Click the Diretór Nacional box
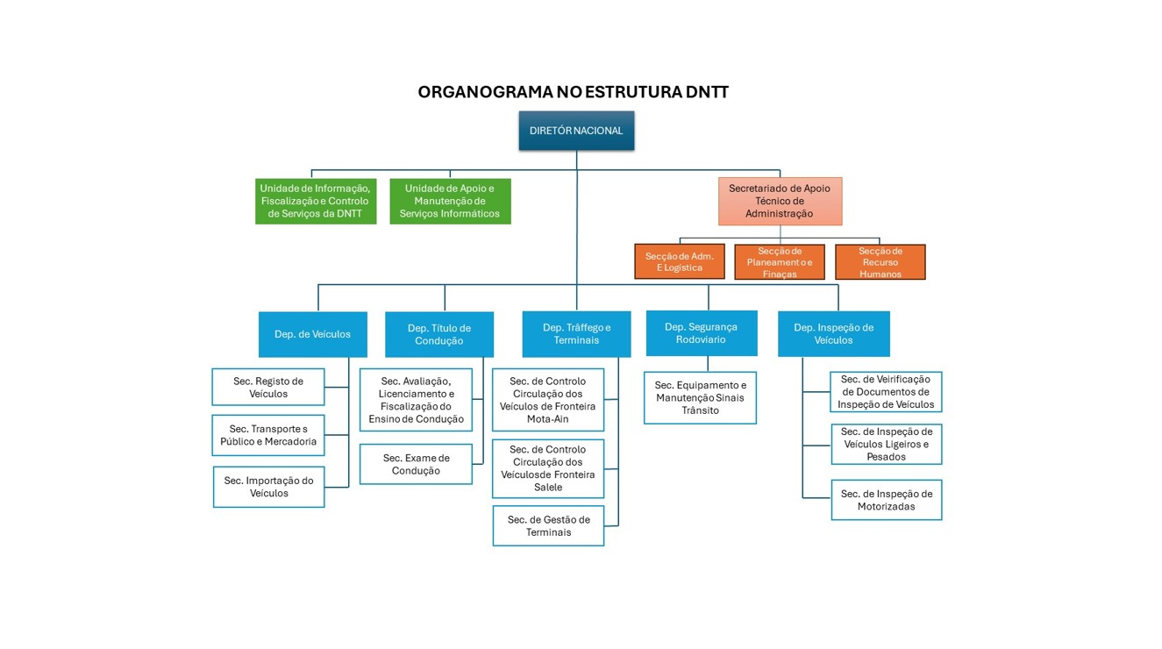576,131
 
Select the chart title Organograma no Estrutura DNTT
573,92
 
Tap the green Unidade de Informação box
316,201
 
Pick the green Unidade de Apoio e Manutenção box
450,201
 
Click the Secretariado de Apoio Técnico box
780,201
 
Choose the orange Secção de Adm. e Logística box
680,261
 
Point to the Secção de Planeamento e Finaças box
780,262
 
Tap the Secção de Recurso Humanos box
880,262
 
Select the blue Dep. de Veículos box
312,334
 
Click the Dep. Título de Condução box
439,334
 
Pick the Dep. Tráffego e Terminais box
576,334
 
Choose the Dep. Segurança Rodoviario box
701,333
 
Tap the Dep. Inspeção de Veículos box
833,334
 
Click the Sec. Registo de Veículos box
268,387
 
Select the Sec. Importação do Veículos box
268,487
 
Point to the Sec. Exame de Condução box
416,464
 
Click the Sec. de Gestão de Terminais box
548,525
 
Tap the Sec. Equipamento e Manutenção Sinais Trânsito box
700,397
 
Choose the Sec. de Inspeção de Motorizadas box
886,500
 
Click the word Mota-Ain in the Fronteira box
548,419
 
